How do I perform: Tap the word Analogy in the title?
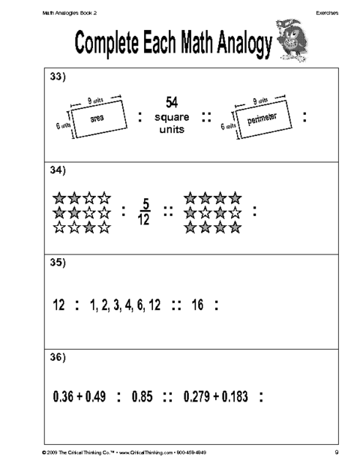coord(244,44)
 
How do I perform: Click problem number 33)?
coord(58,77)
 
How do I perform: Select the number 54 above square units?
coord(172,102)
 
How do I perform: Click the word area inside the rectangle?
coord(97,119)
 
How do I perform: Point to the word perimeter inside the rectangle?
coord(262,119)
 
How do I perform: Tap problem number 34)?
coord(58,170)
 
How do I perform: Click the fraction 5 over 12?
coord(144,212)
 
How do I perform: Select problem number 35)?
coord(58,263)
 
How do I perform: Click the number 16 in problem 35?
coord(197,305)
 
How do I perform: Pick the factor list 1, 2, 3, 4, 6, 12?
coord(125,305)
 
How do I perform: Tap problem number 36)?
coord(58,357)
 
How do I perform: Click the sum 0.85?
coord(142,396)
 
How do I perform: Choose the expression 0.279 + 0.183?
coord(216,396)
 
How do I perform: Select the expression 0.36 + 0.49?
coord(79,396)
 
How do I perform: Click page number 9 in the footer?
coord(337,452)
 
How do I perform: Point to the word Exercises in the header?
coord(327,13)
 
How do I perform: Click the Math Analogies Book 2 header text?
coord(70,13)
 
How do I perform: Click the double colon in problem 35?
coord(176,305)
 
